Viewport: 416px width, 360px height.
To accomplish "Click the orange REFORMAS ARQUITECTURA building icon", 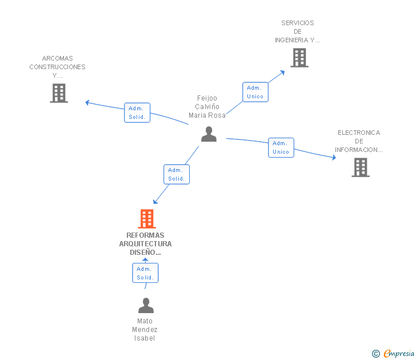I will point(147,219).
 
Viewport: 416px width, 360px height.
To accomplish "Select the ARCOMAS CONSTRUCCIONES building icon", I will point(59,93).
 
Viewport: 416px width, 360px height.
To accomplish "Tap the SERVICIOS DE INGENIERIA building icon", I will point(299,58).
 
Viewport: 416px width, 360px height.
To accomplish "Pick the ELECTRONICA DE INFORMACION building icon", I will point(360,167).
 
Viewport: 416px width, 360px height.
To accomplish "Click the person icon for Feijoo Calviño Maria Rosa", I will point(209,134).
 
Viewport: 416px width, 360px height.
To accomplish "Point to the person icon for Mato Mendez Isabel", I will point(146,305).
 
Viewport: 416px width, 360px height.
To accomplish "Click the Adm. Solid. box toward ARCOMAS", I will point(137,113).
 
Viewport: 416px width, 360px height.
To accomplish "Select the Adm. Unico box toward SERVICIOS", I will point(255,92).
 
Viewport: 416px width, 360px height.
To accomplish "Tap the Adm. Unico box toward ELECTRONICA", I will point(281,147).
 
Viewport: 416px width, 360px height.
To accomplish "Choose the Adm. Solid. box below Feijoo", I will point(176,174).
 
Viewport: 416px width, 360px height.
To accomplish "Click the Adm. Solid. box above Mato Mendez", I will point(145,273).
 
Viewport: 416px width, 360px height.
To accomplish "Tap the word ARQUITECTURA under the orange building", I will point(145,244).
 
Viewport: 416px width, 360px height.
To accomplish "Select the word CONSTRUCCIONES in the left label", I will point(58,67).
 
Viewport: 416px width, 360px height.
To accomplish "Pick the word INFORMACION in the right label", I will point(358,150).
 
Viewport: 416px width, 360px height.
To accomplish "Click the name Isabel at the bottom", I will point(145,338).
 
